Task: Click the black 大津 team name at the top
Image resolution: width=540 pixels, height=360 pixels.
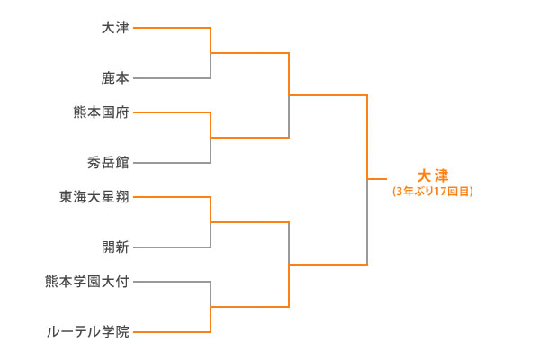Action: point(115,28)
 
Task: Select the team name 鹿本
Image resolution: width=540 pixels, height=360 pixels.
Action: point(115,79)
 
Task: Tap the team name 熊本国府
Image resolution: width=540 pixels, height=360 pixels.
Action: point(102,112)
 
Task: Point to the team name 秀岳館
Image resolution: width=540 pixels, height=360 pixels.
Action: point(108,163)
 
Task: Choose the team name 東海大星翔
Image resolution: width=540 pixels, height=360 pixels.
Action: point(94,196)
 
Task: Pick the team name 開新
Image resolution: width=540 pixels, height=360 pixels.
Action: point(115,247)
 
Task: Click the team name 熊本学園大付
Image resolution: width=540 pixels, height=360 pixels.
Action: point(87,281)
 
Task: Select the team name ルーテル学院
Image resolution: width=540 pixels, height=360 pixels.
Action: point(88,332)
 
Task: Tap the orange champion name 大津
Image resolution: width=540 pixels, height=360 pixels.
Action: point(433,175)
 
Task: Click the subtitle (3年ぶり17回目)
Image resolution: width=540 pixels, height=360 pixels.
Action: point(433,191)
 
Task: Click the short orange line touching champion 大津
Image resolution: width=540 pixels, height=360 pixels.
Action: point(377,179)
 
